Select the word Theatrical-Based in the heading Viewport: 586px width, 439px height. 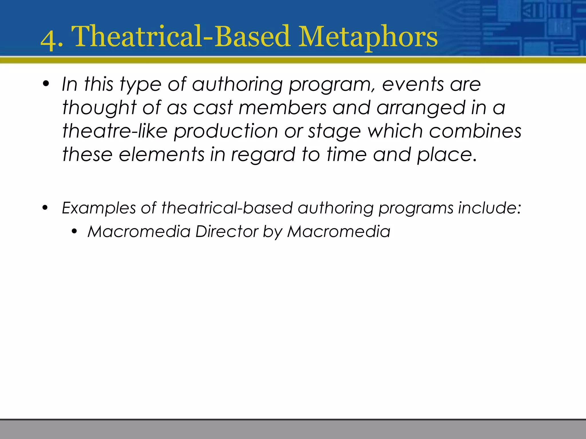click(181, 37)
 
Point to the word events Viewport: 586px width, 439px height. click(413, 84)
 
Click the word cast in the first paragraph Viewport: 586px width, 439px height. click(213, 108)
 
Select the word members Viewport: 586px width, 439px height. click(282, 108)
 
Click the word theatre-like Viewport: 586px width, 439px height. click(115, 131)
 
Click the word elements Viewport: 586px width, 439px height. click(161, 155)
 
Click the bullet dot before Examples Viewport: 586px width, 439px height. click(45, 208)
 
